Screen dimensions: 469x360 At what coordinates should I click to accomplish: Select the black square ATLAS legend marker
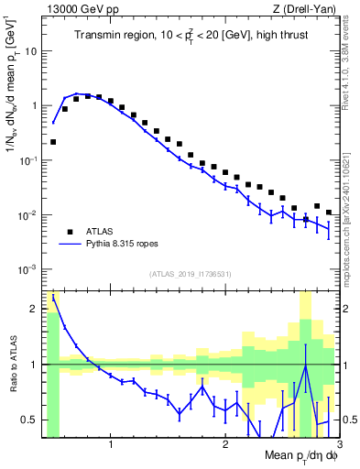pos(68,232)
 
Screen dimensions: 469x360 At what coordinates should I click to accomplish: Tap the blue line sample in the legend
pos(68,245)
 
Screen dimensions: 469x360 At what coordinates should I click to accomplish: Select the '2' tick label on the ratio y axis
pos(33,309)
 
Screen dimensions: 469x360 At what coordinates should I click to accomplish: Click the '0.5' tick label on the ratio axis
pos(29,420)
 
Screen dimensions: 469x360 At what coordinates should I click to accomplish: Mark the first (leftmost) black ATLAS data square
pos(53,142)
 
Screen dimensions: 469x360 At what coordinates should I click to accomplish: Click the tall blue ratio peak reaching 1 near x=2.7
pos(305,365)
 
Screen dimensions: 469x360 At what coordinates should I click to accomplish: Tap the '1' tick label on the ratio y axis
pos(33,365)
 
